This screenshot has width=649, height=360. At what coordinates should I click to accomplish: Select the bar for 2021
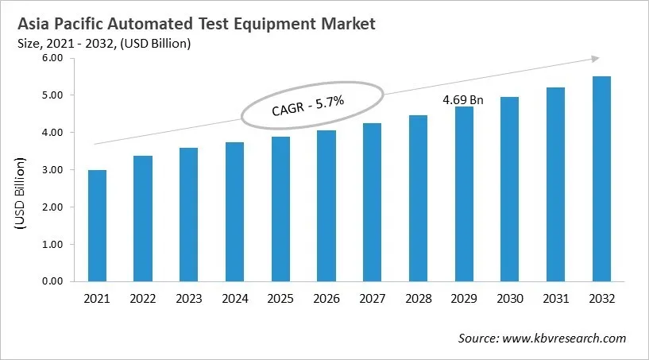point(97,226)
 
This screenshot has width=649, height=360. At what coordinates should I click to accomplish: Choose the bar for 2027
point(372,202)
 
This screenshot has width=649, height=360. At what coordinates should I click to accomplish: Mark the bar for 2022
point(143,219)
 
